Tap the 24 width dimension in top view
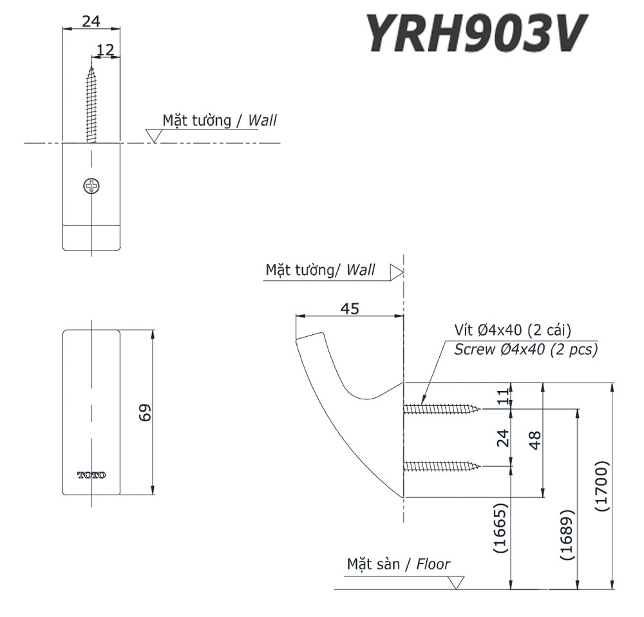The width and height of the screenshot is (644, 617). tap(91, 21)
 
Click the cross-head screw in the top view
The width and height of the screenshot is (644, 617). tap(91, 187)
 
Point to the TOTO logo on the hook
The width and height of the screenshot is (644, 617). tap(91, 475)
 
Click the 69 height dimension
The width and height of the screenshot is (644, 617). tap(146, 413)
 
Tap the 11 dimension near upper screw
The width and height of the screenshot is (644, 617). tap(503, 395)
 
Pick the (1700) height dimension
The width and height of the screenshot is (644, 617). tap(600, 486)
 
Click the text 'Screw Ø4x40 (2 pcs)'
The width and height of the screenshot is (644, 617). tap(526, 350)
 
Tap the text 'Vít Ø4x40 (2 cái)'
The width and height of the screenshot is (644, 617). tap(513, 331)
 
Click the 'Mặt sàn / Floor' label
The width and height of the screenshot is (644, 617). tap(399, 565)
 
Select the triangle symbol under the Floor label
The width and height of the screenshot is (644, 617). tap(457, 582)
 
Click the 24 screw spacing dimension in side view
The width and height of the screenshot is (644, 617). tap(503, 437)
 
